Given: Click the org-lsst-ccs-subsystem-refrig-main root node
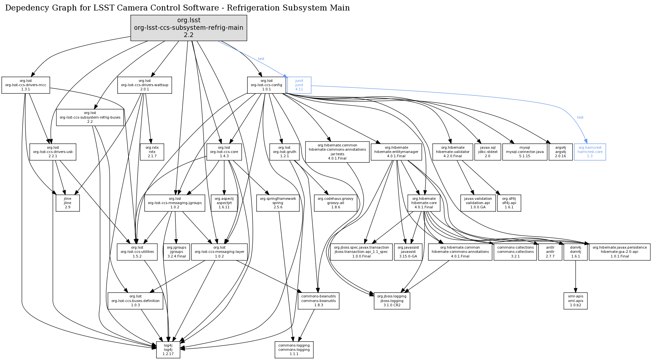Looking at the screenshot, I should (x=188, y=28).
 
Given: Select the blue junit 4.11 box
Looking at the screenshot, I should (x=299, y=85).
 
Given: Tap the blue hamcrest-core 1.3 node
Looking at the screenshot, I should (x=590, y=152).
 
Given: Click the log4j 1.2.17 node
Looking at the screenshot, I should (x=168, y=350).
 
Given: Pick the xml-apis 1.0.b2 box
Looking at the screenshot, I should (x=575, y=301).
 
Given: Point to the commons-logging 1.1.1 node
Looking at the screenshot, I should (x=294, y=350).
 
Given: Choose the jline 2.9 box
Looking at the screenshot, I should (x=68, y=203).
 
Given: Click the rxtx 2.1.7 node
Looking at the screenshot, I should (x=152, y=152).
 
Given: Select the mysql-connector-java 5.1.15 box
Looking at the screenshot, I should (x=524, y=152).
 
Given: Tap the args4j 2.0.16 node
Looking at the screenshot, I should (x=560, y=152).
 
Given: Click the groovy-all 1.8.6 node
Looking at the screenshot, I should (x=335, y=203).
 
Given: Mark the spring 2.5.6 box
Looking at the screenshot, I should (x=278, y=203).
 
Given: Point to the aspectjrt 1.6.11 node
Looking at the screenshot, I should (x=224, y=203).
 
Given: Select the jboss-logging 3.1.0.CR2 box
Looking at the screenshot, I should (x=392, y=301).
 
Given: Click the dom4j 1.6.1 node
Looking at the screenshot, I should (x=575, y=252).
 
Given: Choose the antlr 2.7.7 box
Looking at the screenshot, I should (x=550, y=252).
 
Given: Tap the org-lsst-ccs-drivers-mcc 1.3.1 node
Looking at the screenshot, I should (x=26, y=85).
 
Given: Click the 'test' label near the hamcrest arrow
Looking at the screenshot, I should (x=580, y=117).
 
